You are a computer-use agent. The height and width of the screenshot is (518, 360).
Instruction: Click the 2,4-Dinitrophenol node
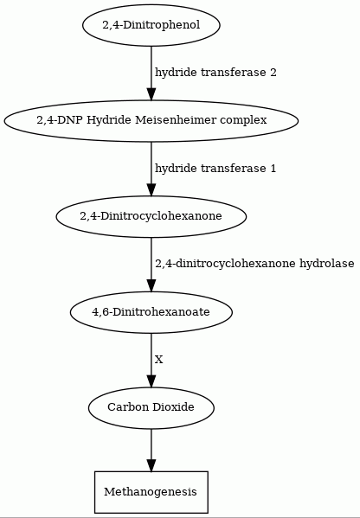[x=151, y=25]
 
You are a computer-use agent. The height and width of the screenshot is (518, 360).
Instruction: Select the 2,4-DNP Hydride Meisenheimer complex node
[x=151, y=120]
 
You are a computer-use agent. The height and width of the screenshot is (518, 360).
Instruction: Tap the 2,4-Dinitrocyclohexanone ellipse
[x=151, y=216]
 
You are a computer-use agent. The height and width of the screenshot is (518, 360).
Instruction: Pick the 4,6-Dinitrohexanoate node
[x=151, y=312]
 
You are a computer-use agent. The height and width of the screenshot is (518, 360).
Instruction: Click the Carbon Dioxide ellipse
[x=151, y=407]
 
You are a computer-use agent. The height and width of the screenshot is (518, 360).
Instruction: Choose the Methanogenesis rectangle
[x=151, y=492]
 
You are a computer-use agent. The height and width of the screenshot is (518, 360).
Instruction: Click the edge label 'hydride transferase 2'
[x=215, y=73]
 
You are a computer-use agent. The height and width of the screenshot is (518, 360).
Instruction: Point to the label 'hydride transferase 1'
[x=215, y=168]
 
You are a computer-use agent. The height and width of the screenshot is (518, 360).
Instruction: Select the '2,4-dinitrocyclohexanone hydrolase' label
[x=254, y=264]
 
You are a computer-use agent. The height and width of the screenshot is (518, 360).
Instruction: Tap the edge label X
[x=159, y=360]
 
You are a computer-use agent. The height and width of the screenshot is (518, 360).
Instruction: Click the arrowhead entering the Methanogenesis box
[x=151, y=465]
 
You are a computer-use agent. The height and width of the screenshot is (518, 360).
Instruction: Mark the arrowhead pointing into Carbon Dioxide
[x=151, y=381]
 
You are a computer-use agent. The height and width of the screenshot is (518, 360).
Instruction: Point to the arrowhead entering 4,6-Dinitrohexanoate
[x=151, y=285]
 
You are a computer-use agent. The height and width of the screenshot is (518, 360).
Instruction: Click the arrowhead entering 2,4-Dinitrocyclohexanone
[x=151, y=189]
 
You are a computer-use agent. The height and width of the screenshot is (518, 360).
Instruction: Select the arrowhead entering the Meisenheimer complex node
[x=151, y=93]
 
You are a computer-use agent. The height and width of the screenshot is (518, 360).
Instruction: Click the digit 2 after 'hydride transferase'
[x=273, y=73]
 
